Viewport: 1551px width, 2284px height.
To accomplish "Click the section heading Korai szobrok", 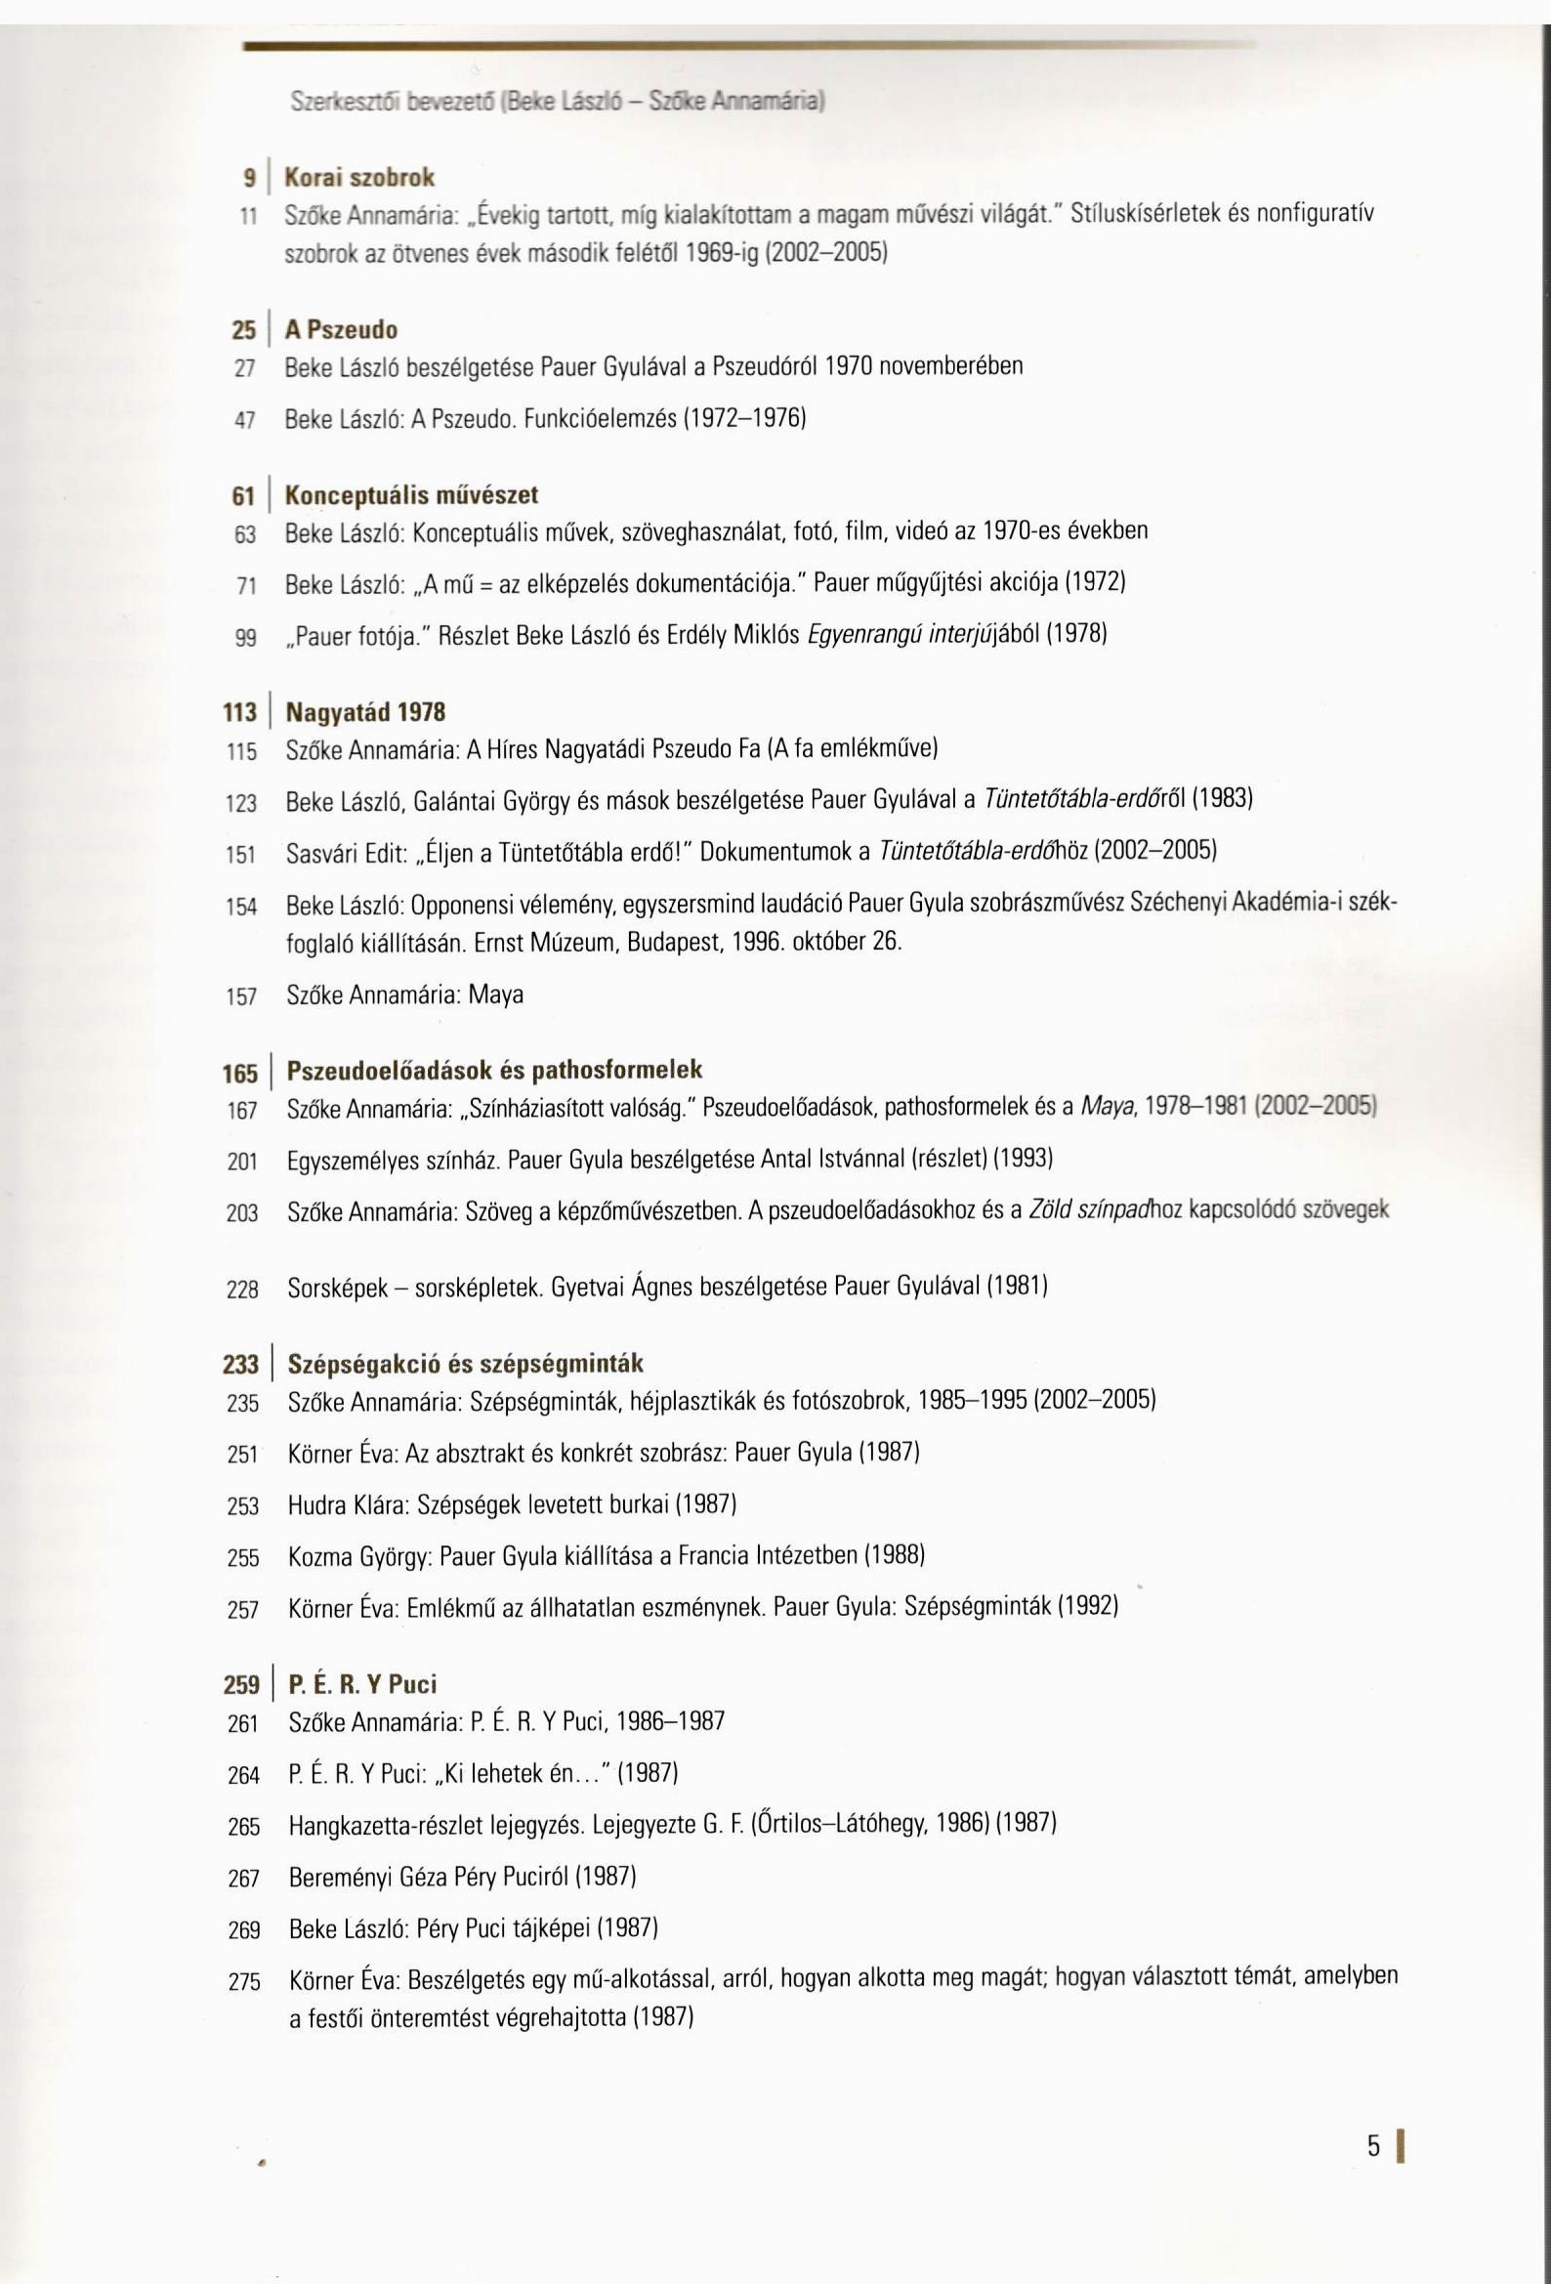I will tap(358, 178).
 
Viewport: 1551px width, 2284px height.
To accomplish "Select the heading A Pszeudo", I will tap(341, 329).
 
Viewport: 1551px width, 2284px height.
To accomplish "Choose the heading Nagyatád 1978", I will tap(365, 711).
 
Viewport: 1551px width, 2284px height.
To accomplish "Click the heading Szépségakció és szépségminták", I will tap(465, 1364).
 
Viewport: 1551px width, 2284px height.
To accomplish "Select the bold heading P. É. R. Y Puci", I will tap(361, 1684).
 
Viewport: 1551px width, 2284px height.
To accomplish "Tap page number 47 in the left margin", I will tap(245, 421).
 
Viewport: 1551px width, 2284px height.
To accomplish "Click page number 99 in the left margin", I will tap(245, 639).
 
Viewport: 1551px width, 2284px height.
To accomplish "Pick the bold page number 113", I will tap(240, 713).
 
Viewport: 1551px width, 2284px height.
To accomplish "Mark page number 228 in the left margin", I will tap(242, 1290).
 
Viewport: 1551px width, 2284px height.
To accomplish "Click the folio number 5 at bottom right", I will tap(1373, 2146).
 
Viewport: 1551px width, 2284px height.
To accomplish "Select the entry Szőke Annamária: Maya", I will tap(404, 995).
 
